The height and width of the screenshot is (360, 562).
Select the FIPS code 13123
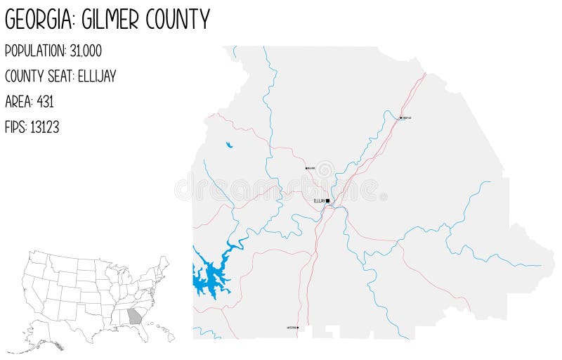coord(44,127)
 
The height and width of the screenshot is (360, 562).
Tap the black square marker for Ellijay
coord(328,200)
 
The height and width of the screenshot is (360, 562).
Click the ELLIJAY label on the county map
coord(319,200)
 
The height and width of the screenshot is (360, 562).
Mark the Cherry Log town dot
coord(400,117)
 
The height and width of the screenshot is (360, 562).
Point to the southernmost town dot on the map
coord(298,328)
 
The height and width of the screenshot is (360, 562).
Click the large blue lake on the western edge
coord(207,278)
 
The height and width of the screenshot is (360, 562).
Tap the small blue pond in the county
coord(229,146)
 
